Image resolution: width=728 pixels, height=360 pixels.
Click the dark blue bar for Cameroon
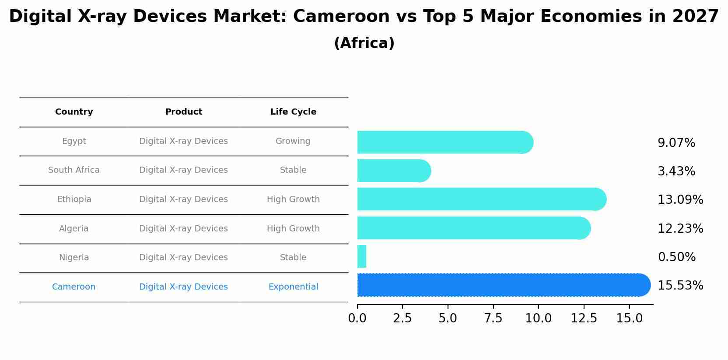(503, 285)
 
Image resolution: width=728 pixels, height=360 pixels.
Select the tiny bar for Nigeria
(362, 256)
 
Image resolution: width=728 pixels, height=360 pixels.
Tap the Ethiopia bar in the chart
(481, 199)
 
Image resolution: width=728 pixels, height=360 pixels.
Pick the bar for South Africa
(394, 171)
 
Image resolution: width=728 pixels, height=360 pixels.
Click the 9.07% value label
(676, 143)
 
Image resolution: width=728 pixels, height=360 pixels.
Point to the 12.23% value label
(680, 228)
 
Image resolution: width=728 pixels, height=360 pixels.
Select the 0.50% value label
(676, 257)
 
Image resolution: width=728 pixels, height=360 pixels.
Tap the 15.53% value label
(680, 286)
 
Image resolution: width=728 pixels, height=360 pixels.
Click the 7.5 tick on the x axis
(493, 318)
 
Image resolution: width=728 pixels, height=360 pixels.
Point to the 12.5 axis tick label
(584, 318)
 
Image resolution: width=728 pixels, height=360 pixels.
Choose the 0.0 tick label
(357, 318)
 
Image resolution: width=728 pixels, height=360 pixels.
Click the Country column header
(74, 112)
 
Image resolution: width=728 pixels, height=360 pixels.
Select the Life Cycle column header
(293, 112)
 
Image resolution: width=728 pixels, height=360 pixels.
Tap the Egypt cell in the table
(74, 141)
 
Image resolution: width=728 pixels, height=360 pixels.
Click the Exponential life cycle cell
(293, 287)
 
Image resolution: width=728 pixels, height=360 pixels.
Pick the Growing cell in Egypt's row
(293, 141)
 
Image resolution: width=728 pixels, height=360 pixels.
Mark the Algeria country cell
(74, 229)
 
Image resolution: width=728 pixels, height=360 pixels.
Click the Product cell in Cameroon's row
(183, 287)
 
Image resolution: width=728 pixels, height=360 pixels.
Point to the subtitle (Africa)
(364, 43)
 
